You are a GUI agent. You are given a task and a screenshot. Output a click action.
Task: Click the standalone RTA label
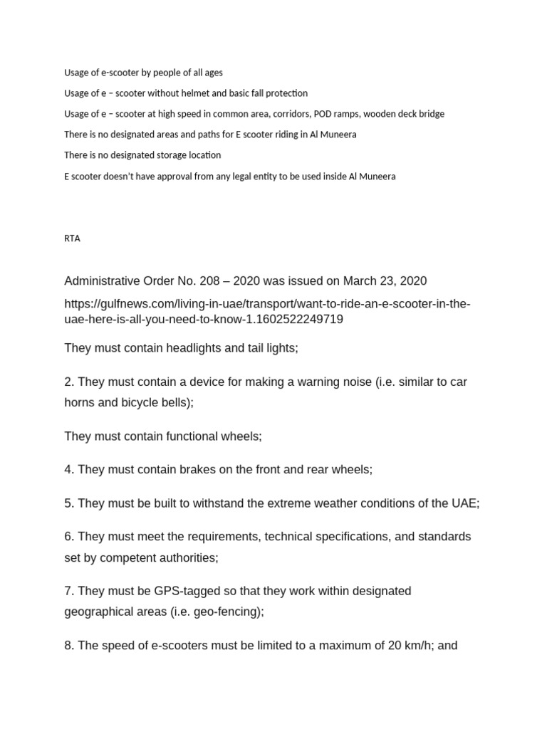(72, 238)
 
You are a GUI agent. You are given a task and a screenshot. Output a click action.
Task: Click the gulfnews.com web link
(267, 312)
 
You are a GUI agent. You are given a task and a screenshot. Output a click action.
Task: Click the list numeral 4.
(68, 470)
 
